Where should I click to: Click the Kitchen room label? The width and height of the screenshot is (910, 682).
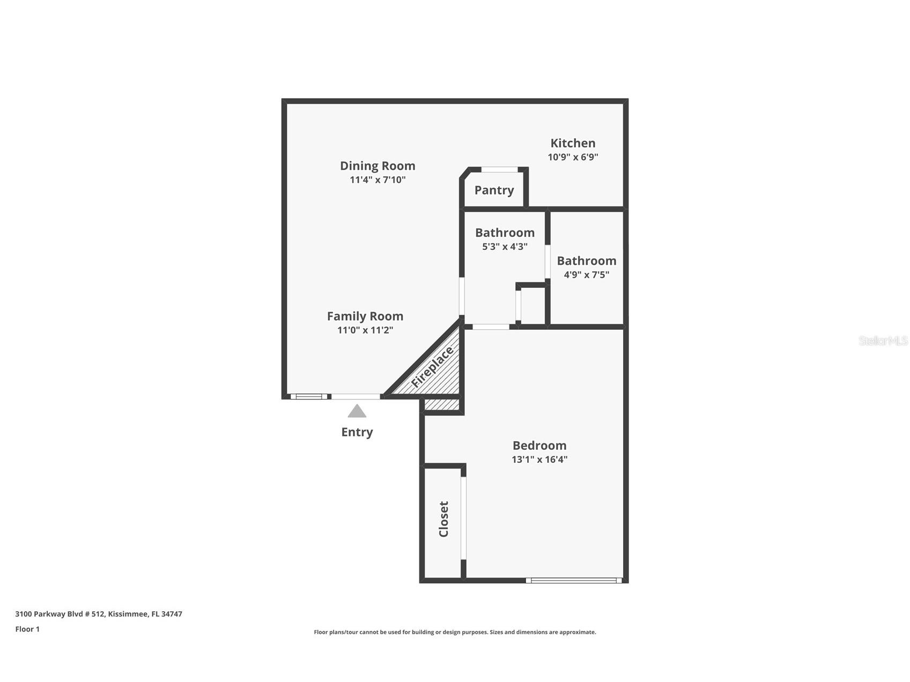tap(572, 143)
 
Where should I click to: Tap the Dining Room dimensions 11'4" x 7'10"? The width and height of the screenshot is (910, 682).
tap(378, 180)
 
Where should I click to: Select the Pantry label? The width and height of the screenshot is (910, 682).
tap(494, 190)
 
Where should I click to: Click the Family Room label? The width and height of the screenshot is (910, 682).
tap(365, 316)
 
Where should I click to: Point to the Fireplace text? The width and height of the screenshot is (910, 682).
tap(432, 368)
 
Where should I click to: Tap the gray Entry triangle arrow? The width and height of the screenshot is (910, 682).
tap(357, 411)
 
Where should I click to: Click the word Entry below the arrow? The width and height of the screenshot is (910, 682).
tap(357, 432)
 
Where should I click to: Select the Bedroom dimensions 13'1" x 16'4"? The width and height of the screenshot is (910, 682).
tap(539, 459)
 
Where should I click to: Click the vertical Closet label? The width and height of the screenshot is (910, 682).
tap(443, 519)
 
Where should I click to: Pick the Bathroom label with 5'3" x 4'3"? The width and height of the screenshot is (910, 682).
tap(505, 233)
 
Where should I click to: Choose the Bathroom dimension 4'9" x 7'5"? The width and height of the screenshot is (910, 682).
tap(586, 275)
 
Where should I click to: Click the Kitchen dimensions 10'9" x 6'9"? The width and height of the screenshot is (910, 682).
tap(572, 158)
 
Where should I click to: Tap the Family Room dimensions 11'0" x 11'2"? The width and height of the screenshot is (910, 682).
tap(365, 330)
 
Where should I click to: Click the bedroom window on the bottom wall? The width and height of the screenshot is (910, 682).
tap(573, 580)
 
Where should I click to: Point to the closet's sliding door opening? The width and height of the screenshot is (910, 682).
tap(463, 518)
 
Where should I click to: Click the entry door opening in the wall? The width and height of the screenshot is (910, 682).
tap(356, 397)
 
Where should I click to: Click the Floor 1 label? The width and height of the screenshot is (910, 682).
tap(27, 629)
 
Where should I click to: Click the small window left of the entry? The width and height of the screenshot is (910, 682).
tap(309, 397)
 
